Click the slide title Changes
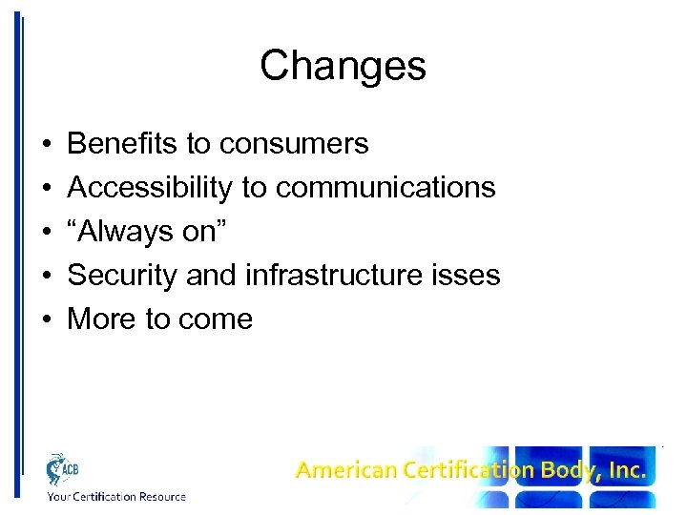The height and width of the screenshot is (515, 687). point(343,67)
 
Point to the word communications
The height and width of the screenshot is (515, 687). point(385,188)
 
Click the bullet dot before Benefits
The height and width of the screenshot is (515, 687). point(47,145)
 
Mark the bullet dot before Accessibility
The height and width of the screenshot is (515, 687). point(47,189)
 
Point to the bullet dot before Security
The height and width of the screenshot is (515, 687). point(47,276)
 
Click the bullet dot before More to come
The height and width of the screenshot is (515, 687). point(47,319)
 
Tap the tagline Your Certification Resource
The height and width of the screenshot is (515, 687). point(116,496)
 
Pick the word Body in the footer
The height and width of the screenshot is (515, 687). point(571,470)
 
